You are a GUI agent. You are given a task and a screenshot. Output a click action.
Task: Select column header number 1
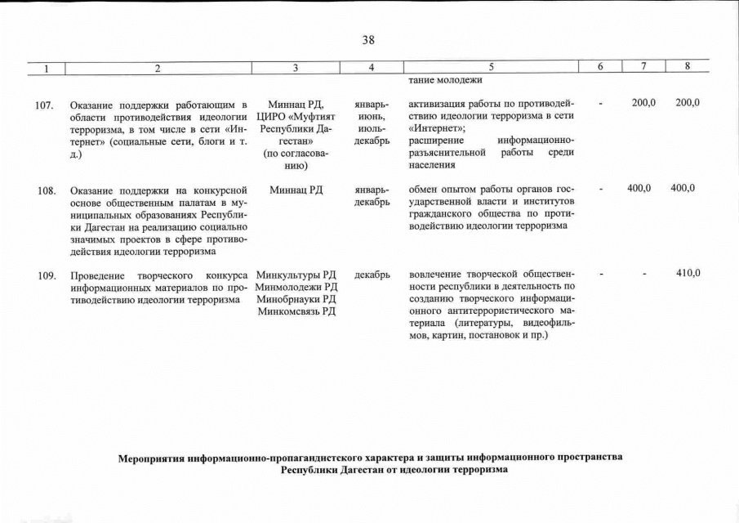point(47,69)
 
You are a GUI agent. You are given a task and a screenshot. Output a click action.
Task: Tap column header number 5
point(491,69)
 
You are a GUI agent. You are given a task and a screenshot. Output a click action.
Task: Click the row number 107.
point(45,105)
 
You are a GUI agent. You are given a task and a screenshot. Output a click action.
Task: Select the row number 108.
point(45,190)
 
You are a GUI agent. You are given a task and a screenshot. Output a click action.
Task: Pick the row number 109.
point(45,275)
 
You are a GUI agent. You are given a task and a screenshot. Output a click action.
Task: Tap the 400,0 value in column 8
point(682,189)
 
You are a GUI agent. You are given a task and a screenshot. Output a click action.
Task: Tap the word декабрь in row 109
point(372,275)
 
